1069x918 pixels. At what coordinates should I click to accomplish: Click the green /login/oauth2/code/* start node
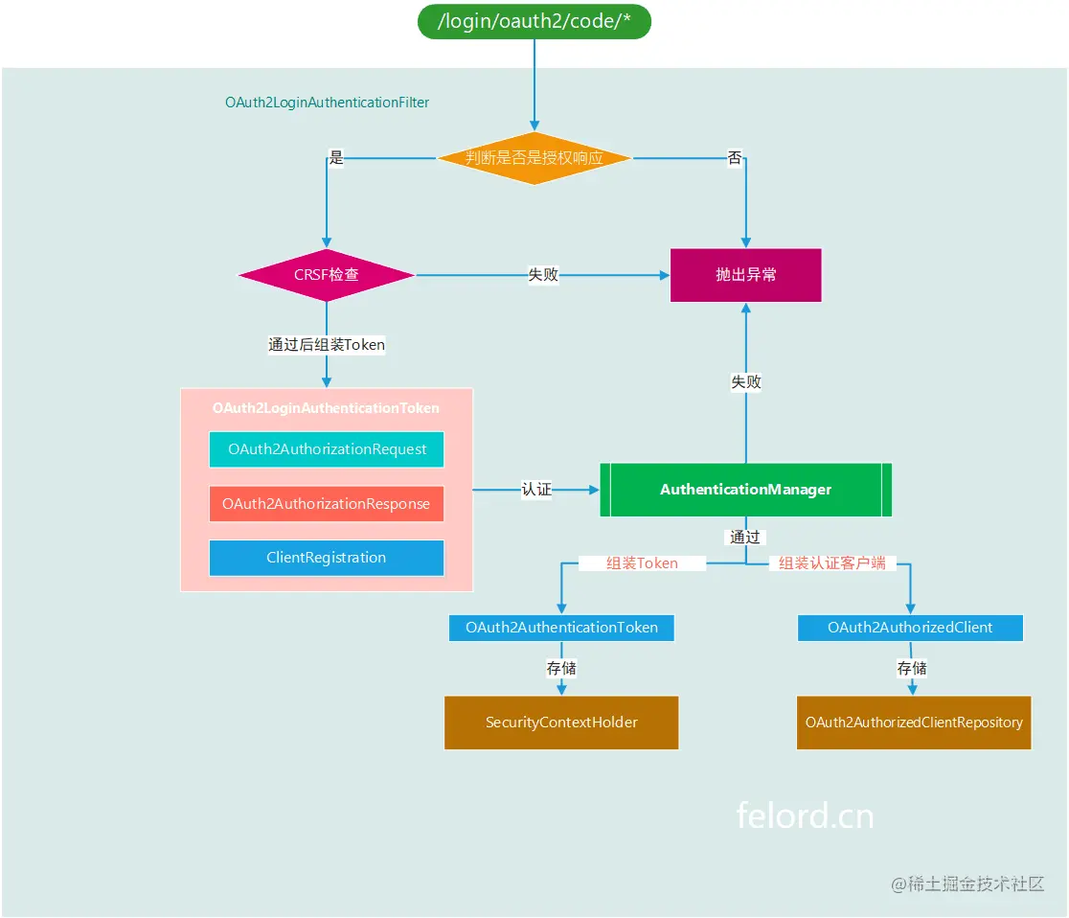click(x=534, y=22)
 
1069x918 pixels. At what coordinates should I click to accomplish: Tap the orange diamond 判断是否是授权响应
click(x=534, y=158)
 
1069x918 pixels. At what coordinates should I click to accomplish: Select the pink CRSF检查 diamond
click(x=327, y=275)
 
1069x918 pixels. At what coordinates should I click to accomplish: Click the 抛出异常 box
click(x=745, y=275)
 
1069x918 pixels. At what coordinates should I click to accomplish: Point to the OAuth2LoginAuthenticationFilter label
click(x=327, y=102)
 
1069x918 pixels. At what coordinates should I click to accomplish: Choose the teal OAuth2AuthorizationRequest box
click(x=327, y=449)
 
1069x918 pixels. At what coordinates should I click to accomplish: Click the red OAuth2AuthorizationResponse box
click(x=327, y=503)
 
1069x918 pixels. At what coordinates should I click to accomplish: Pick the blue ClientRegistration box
click(x=327, y=558)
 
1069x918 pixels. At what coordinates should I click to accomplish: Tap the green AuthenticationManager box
click(x=745, y=490)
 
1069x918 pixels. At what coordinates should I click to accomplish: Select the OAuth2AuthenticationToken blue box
click(x=561, y=628)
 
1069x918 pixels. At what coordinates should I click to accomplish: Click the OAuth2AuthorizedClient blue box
click(x=910, y=628)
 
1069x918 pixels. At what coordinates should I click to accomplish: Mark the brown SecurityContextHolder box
click(x=561, y=723)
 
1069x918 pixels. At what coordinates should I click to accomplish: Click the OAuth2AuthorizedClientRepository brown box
click(x=914, y=723)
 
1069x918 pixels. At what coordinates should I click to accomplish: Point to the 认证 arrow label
click(x=536, y=490)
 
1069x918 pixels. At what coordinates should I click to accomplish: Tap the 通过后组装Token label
click(x=327, y=345)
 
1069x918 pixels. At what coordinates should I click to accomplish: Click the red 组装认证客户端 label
click(x=831, y=563)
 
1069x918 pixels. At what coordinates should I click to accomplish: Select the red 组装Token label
click(x=642, y=563)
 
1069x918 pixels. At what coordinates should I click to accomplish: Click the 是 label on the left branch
click(x=336, y=158)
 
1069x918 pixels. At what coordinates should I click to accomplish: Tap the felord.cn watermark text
click(x=805, y=815)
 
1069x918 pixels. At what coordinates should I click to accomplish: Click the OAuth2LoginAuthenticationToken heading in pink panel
click(x=326, y=408)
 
